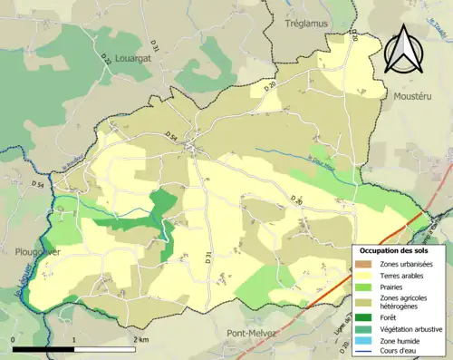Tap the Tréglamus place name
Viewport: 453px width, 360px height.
(305, 24)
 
